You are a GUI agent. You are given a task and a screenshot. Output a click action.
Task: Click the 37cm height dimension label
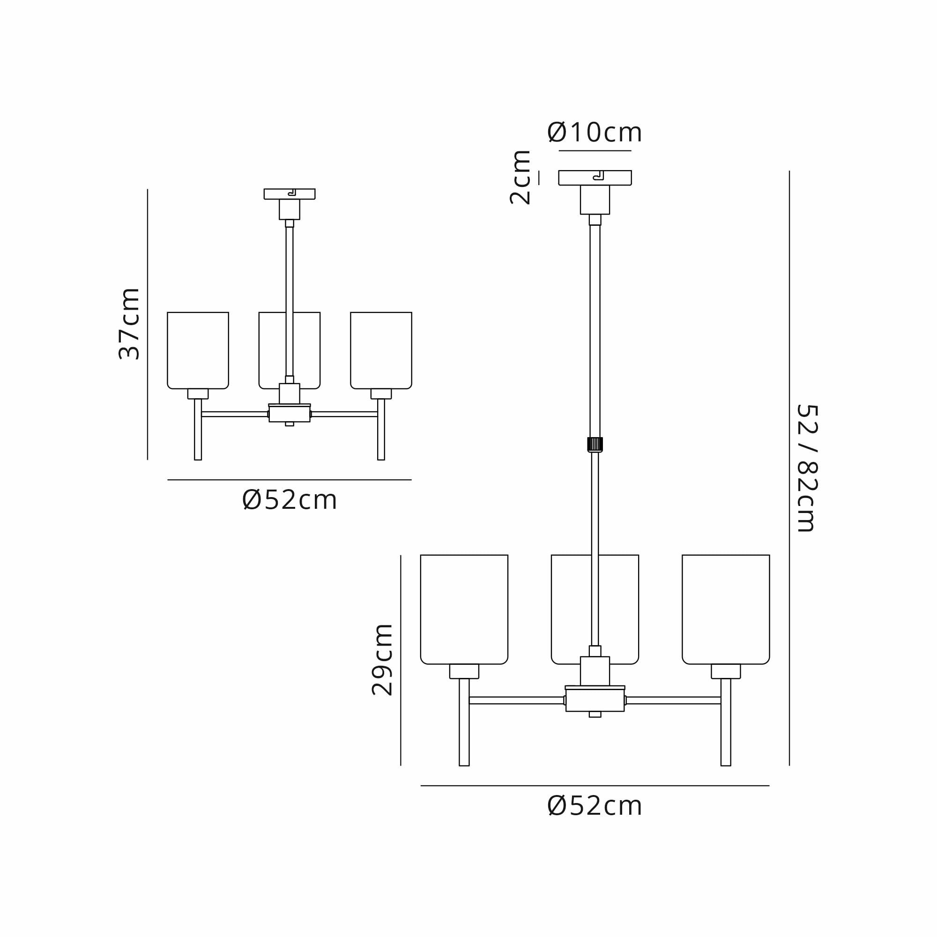129,323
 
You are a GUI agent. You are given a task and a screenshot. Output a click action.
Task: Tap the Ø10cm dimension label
595,133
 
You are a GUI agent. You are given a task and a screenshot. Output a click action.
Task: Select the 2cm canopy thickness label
521,178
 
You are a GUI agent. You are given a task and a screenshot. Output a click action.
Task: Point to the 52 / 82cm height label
807,468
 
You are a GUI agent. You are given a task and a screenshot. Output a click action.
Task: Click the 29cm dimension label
382,660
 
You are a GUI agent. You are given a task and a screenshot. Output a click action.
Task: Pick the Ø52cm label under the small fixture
290,500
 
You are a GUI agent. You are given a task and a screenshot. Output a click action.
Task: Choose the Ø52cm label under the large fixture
595,806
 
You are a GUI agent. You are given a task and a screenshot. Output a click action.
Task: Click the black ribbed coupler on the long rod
595,444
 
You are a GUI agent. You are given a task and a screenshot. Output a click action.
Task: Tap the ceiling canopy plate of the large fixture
573,178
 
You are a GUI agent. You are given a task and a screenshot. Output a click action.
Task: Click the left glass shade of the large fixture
464,609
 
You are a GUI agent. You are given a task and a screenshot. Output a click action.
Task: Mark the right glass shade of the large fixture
726,609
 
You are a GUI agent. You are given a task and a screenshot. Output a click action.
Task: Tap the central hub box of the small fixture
290,414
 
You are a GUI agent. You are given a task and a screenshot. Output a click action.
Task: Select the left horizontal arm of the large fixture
516,700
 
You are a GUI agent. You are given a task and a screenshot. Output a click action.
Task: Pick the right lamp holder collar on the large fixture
726,671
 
